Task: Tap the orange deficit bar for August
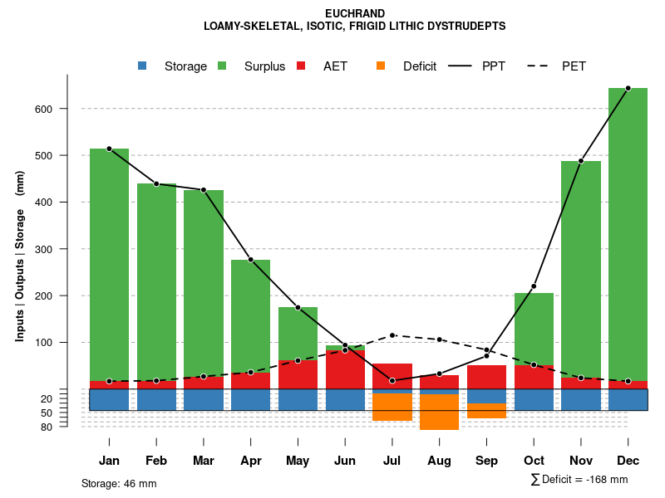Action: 439,412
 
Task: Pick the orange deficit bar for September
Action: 486,410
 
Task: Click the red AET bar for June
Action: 345,369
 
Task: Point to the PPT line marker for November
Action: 581,161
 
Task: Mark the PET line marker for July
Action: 392,335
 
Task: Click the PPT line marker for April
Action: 251,260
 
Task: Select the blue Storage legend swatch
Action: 142,66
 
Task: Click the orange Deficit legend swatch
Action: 381,66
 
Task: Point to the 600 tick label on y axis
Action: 43,109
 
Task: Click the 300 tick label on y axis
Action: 43,249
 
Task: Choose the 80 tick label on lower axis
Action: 47,427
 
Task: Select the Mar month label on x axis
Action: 204,461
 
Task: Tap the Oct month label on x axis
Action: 534,461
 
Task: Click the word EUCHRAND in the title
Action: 355,14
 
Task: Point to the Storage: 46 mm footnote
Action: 119,483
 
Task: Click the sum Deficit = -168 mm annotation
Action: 579,480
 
